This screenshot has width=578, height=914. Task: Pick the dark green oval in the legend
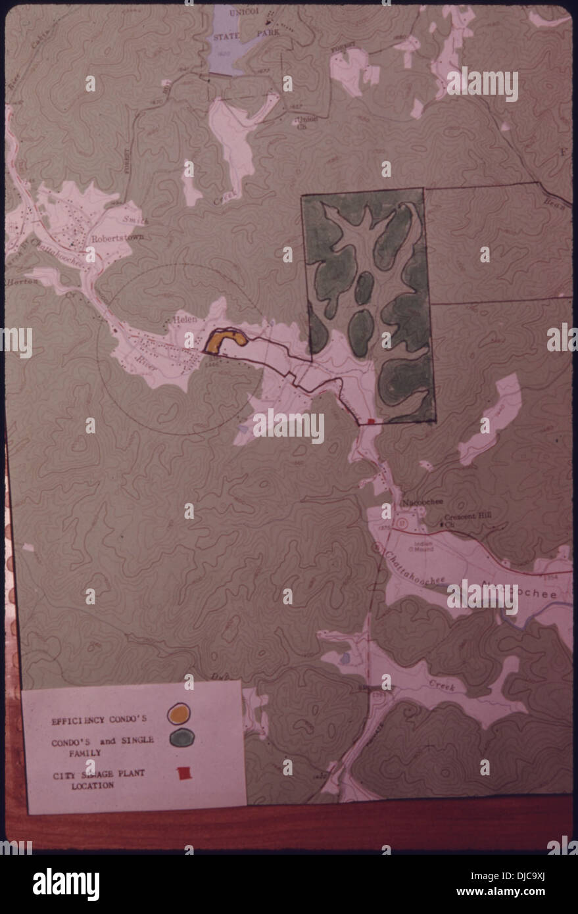[180, 739]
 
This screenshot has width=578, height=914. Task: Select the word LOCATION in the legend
[93, 785]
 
